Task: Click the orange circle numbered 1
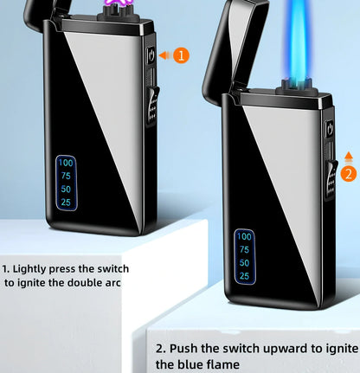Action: pyautogui.click(x=180, y=55)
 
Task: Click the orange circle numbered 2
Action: pyautogui.click(x=349, y=173)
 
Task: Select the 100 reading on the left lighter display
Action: pyautogui.click(x=66, y=163)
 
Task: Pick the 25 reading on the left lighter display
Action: pyautogui.click(x=66, y=202)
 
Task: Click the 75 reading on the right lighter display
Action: pyautogui.click(x=244, y=249)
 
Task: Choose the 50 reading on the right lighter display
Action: pyautogui.click(x=244, y=262)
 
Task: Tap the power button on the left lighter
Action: pyautogui.click(x=151, y=55)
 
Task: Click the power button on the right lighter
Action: pyautogui.click(x=328, y=130)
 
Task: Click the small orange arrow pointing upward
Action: pyautogui.click(x=349, y=156)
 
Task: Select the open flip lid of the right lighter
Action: pyautogui.click(x=226, y=52)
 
